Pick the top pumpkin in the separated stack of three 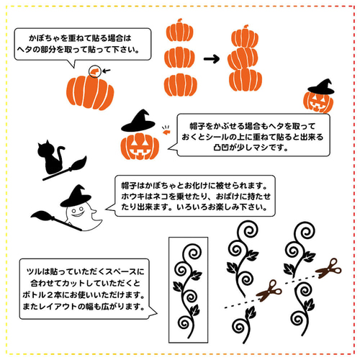tap(178, 31)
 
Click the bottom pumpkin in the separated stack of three tap(178, 81)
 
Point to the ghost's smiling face tap(72, 211)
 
